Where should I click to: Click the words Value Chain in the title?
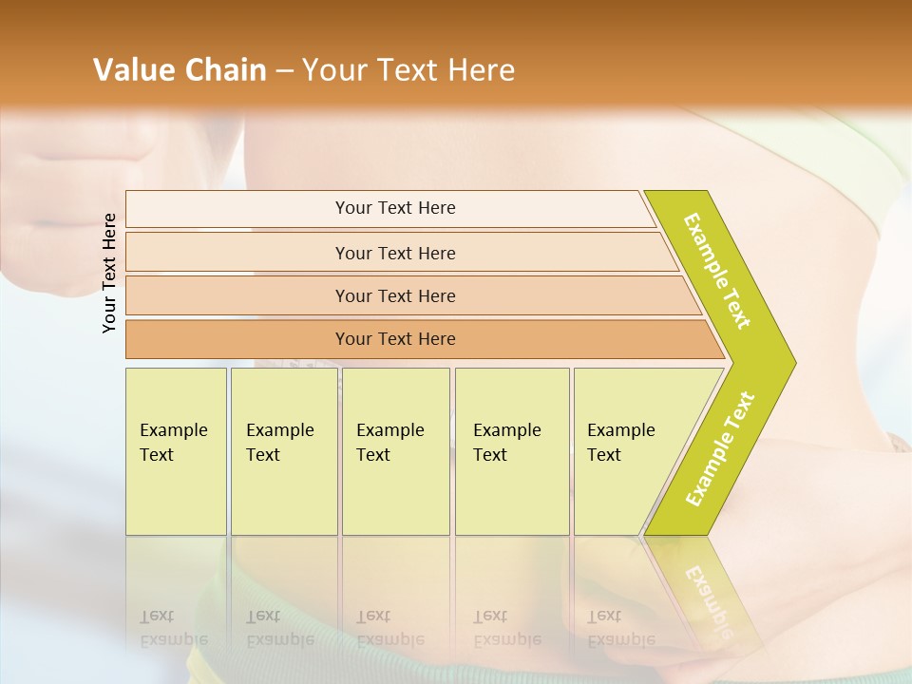180,70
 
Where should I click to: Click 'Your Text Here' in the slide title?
408,70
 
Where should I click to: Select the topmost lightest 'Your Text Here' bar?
394,208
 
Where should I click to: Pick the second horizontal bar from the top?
394,253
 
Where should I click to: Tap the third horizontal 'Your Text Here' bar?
394,295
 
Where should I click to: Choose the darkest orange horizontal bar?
394,339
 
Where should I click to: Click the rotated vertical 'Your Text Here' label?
110,273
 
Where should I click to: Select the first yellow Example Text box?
176,450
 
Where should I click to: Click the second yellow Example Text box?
283,450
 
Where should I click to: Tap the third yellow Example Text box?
394,450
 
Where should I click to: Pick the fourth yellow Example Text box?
511,450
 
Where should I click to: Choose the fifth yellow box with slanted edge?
627,450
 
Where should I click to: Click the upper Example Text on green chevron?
718,270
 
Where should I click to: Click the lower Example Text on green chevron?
720,448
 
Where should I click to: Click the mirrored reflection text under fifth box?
618,628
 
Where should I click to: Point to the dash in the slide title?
284,71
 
